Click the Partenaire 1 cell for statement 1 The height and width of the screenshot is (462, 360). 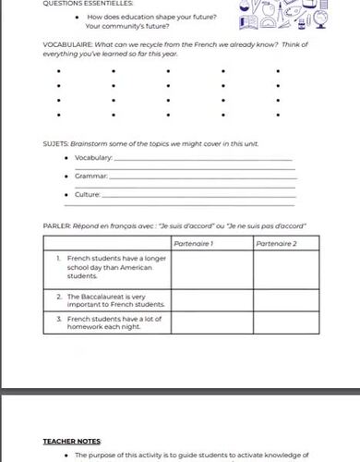point(211,267)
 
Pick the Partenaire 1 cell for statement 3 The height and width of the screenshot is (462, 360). point(211,322)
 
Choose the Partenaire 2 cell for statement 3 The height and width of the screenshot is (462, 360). point(286,322)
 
